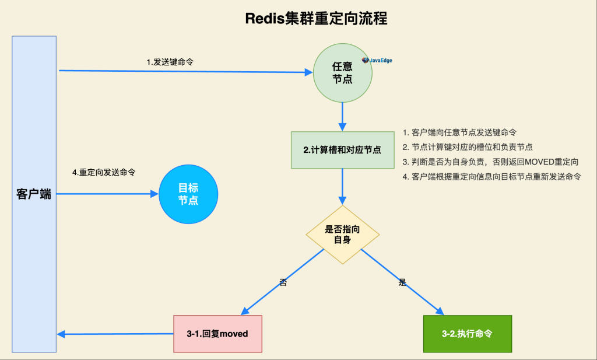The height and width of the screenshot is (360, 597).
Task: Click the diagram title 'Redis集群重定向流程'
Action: pos(315,18)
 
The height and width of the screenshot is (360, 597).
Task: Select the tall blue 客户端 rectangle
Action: pos(34,194)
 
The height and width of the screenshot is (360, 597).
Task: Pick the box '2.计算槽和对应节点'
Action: pos(342,150)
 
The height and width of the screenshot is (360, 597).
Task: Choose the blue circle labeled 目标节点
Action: pos(188,194)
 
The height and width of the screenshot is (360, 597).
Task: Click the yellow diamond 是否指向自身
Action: pos(342,234)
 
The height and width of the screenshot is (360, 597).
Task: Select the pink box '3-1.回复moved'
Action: pos(217,334)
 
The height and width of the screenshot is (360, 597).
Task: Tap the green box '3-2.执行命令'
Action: pos(467,334)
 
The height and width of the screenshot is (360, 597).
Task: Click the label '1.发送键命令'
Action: pos(170,62)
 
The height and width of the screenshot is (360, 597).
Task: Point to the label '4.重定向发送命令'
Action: pos(104,173)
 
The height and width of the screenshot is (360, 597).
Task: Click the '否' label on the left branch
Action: pos(283,282)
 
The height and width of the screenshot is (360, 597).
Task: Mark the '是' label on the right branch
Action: pos(402,282)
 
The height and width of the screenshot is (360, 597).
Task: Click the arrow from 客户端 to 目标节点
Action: pos(108,194)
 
